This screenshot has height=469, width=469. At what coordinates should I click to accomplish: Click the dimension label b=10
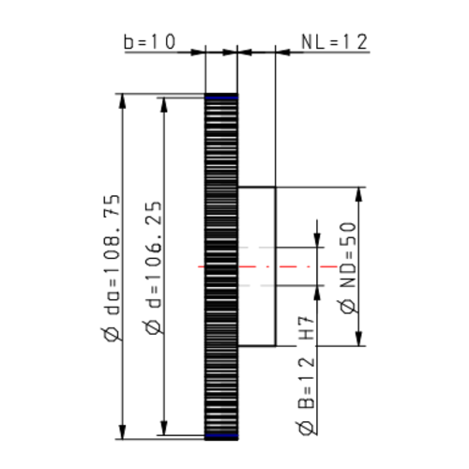[x=150, y=42]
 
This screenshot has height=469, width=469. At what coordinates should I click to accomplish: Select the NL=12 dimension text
[x=333, y=42]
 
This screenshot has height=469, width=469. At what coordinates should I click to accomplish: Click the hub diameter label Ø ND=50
[x=348, y=267]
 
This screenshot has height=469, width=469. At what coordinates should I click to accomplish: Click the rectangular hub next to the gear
[x=256, y=267]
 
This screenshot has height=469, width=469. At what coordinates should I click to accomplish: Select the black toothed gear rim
[x=221, y=267]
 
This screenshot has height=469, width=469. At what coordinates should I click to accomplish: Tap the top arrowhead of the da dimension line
[x=122, y=99]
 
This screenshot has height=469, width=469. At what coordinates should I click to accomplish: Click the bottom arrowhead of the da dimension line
[x=122, y=432]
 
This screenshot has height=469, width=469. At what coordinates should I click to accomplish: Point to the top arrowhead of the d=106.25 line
[x=164, y=104]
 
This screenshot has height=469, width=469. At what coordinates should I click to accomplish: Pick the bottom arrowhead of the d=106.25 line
[x=164, y=429]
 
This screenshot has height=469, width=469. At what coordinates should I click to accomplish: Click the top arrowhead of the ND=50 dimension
[x=359, y=193]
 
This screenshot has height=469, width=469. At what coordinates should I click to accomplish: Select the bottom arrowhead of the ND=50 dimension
[x=359, y=340]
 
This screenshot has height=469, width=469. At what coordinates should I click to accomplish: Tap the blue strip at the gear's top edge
[x=221, y=96]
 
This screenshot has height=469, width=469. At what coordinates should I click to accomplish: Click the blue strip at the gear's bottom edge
[x=221, y=437]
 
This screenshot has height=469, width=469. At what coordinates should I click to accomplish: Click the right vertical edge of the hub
[x=275, y=267]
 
